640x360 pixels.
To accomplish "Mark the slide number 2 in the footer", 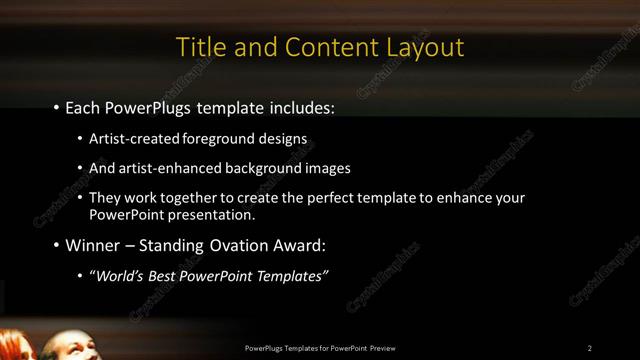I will point(590,348).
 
